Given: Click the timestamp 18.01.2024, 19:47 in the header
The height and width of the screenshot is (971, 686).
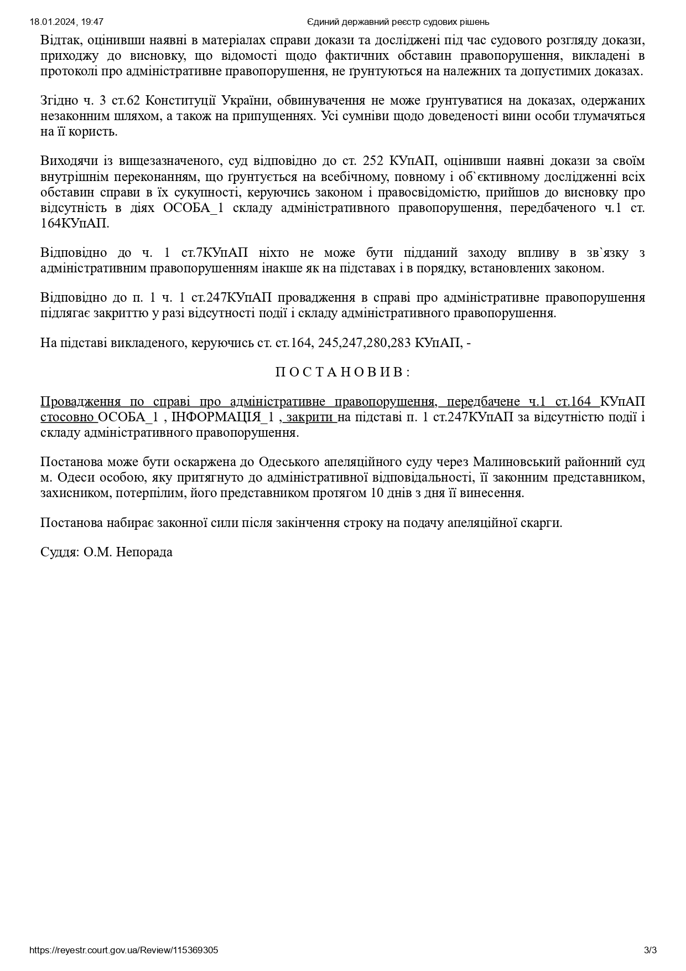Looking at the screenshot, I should pyautogui.click(x=66, y=22).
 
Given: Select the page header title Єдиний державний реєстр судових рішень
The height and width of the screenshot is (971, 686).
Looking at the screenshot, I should pyautogui.click(x=398, y=22).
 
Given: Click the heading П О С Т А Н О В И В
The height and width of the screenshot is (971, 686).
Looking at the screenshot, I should pyautogui.click(x=342, y=372).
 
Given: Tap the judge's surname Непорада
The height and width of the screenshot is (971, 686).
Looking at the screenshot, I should pyautogui.click(x=144, y=552).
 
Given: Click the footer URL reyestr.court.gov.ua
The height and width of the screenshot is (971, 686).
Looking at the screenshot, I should pyautogui.click(x=123, y=950).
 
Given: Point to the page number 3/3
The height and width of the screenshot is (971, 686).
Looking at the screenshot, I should pyautogui.click(x=650, y=950).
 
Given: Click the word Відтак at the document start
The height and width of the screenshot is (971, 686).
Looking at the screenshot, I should pyautogui.click(x=60, y=40).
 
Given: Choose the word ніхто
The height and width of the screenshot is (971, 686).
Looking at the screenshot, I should pyautogui.click(x=268, y=253).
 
